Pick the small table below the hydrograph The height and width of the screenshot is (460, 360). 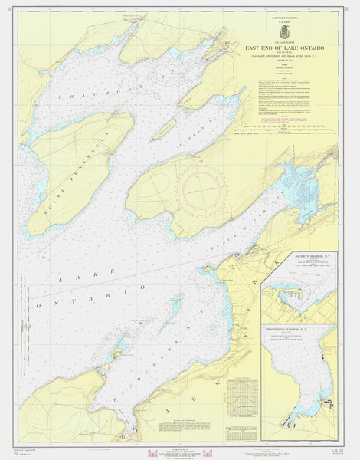point(245,422)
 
